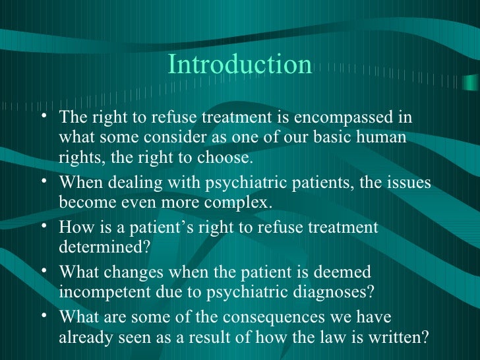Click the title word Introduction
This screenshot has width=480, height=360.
239,65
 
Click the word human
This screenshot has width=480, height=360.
382,139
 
